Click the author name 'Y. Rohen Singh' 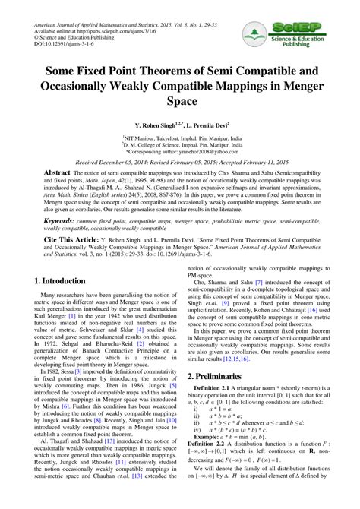[x=157, y=123]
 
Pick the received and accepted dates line [x=180, y=162]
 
